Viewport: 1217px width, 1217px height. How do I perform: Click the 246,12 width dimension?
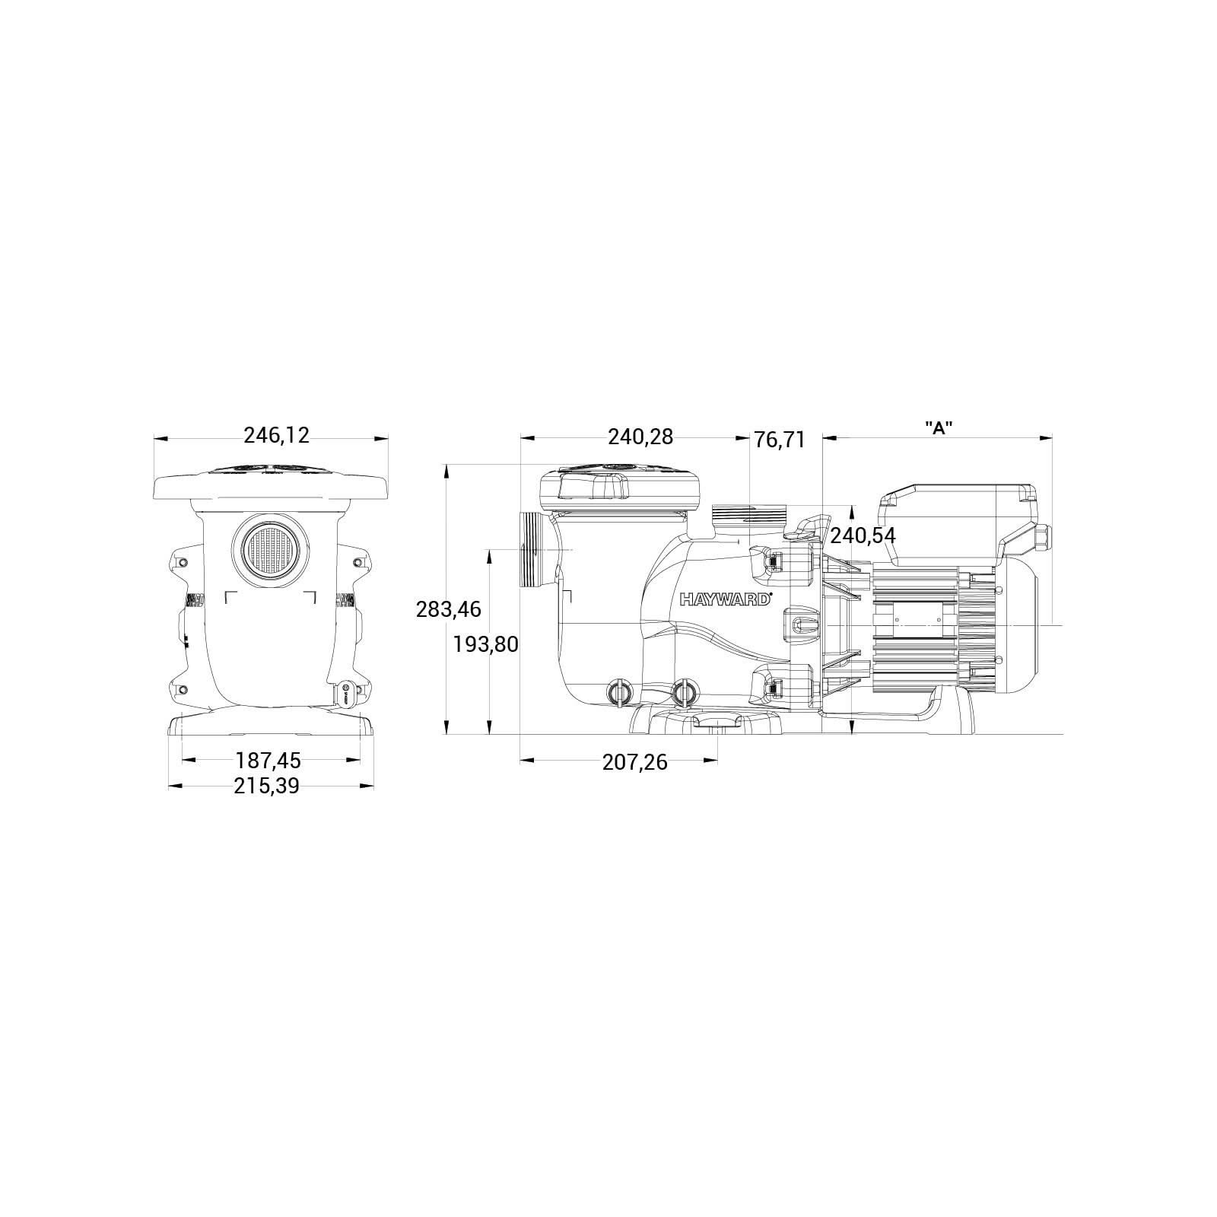tap(276, 436)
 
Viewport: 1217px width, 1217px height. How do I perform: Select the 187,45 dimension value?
tap(268, 760)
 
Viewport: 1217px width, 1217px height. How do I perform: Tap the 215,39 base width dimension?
tap(266, 786)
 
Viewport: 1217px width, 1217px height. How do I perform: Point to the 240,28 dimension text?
tap(640, 437)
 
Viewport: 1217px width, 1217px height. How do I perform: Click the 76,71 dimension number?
tap(779, 440)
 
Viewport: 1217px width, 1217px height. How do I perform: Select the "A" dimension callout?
tap(939, 428)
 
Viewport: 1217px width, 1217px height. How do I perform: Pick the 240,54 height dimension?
tap(863, 535)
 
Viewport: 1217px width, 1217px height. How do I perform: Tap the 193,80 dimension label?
tap(485, 645)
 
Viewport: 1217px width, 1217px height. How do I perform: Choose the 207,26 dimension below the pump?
tap(634, 762)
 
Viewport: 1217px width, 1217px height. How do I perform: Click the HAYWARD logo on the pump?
tap(726, 599)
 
